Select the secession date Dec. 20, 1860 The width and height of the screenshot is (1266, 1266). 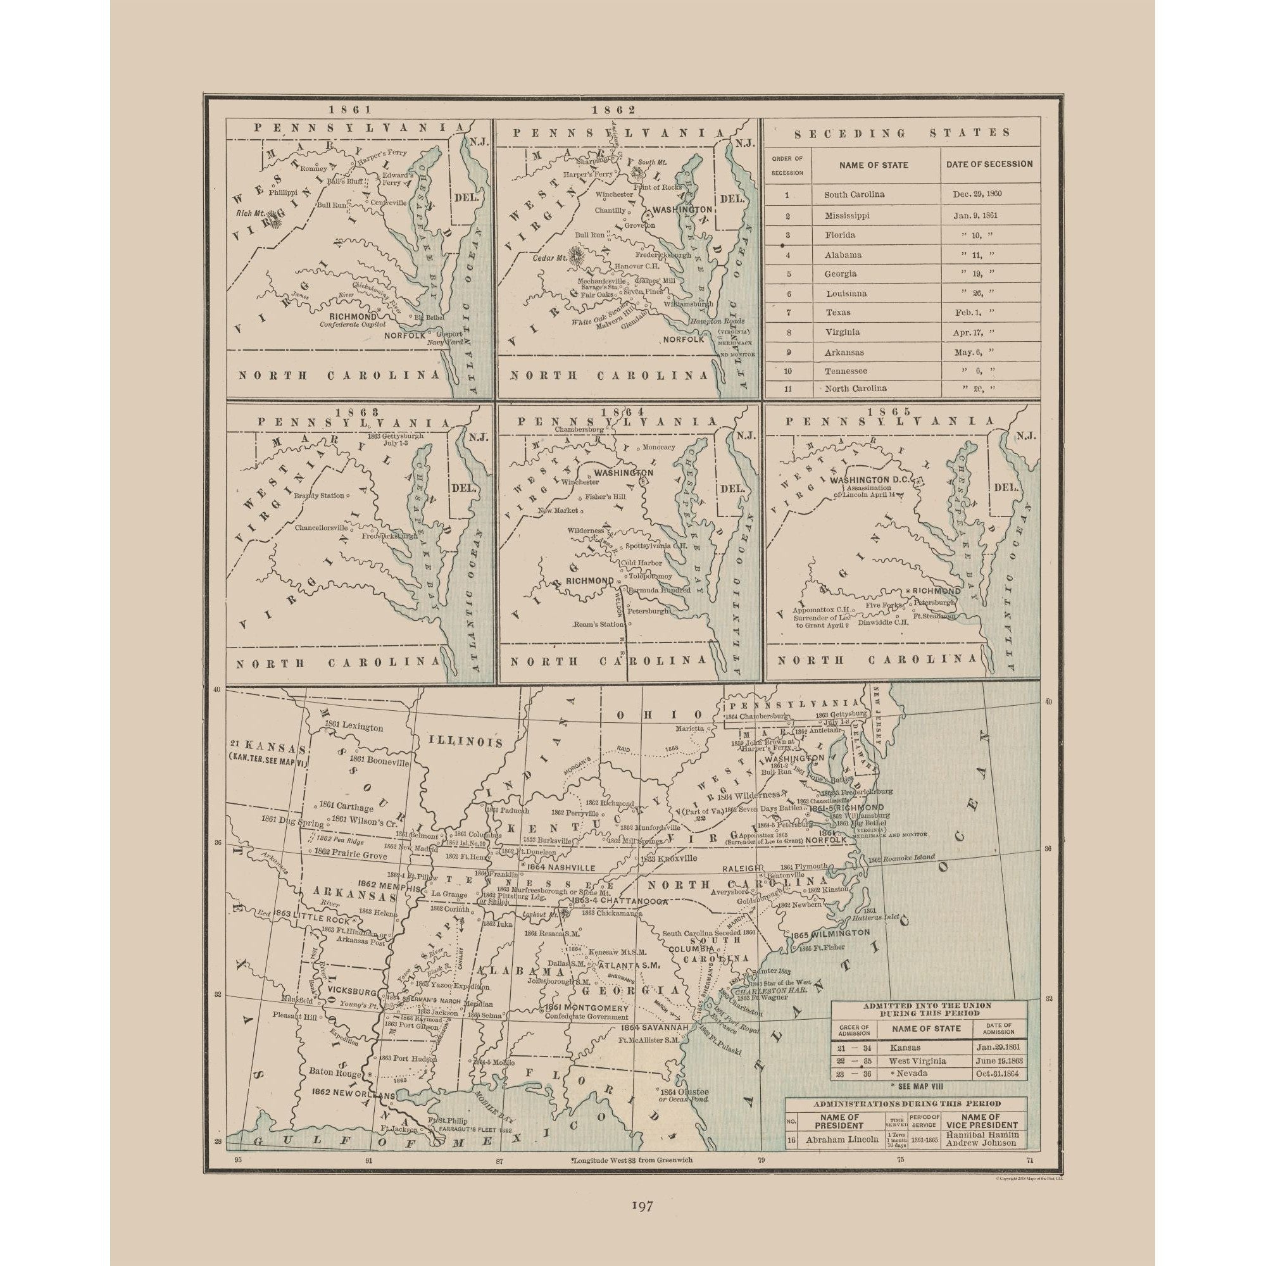click(976, 194)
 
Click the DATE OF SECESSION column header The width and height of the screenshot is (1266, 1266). click(989, 165)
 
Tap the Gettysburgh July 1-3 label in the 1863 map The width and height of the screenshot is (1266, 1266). click(396, 439)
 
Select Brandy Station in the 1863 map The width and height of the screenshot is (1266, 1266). click(318, 496)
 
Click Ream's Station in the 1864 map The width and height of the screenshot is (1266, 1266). click(598, 625)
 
